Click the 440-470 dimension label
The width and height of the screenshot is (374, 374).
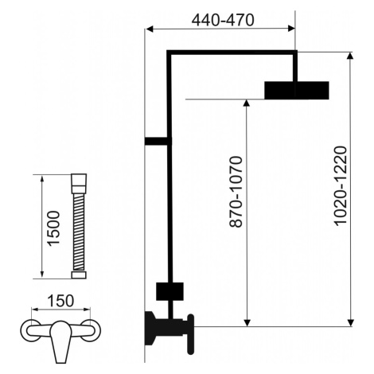223,20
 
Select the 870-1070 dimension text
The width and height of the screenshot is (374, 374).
236,192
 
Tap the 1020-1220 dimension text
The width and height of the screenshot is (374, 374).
341,185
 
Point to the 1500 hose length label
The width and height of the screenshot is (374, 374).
53,228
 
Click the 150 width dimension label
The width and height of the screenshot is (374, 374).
60,301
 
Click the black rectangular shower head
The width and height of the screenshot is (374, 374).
297,90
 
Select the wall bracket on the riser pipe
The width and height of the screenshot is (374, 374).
157,141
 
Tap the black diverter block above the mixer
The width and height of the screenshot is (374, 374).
169,291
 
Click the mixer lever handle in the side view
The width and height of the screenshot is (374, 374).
190,334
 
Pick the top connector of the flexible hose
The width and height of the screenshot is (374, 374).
79,183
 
